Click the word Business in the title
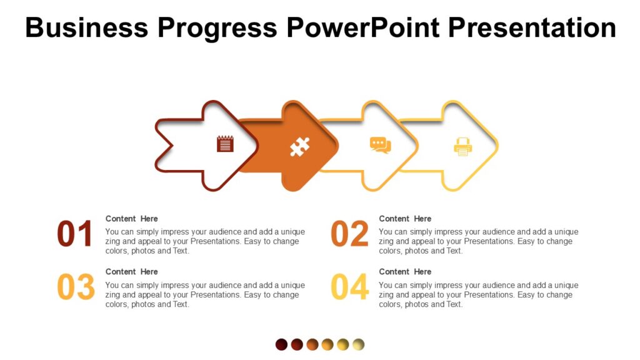[87, 27]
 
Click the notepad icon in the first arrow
[225, 144]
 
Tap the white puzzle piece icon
[299, 146]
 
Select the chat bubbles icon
[380, 145]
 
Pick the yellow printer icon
[463, 146]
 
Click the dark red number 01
[75, 234]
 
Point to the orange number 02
[349, 234]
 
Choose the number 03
[76, 287]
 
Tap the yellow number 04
[349, 287]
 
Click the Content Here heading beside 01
[131, 219]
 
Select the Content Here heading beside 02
[405, 219]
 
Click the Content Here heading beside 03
[131, 272]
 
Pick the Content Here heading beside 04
[405, 272]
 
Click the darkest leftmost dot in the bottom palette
[282, 344]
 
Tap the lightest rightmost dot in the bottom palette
[358, 344]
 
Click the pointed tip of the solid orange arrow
[336, 146]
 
